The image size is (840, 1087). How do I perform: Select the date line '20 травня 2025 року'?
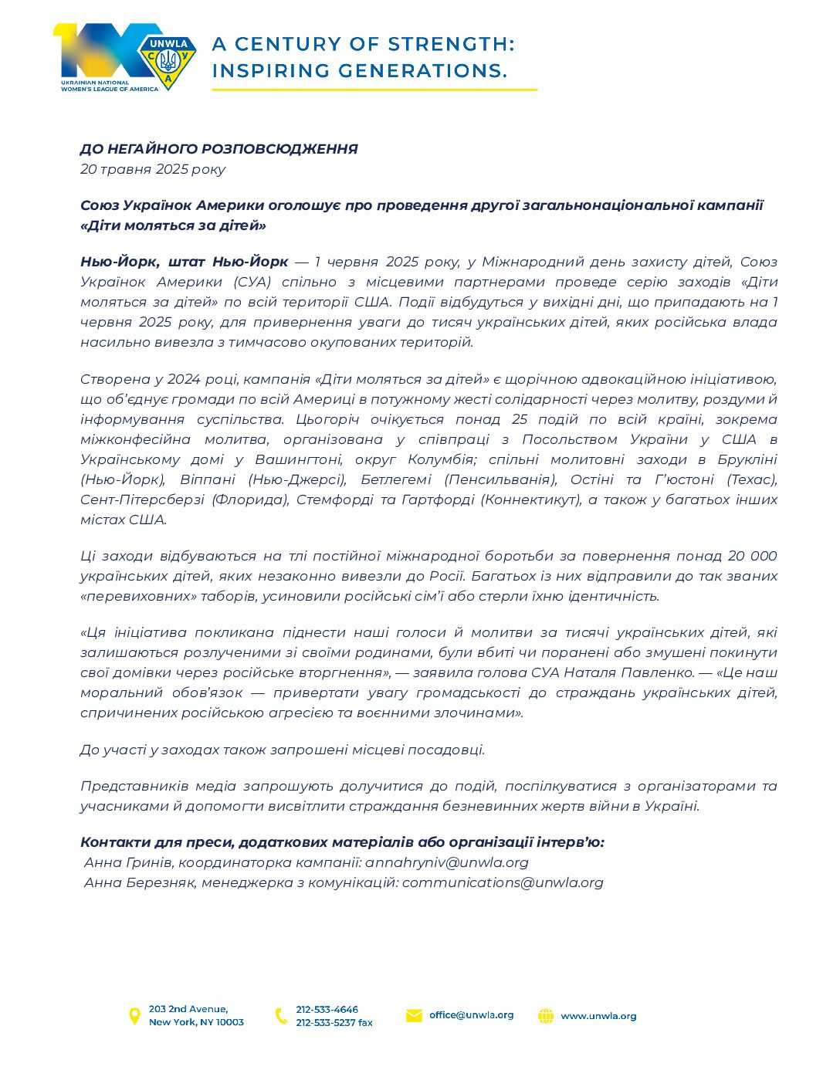[153, 169]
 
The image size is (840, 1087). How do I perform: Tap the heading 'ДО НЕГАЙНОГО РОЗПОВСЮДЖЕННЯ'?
[218, 149]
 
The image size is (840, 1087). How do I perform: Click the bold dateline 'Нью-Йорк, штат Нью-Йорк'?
[184, 262]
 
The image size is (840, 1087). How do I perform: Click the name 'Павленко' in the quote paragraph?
[660, 672]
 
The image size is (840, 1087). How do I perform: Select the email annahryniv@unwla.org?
[447, 862]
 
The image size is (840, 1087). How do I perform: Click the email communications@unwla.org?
[503, 882]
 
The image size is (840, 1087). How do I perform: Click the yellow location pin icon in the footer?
[134, 1016]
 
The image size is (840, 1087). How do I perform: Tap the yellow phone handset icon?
[281, 1016]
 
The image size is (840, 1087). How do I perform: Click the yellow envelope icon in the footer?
[414, 1016]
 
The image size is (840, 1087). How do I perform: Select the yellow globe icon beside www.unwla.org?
[546, 1016]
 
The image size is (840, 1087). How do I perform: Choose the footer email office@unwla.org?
[471, 1015]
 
